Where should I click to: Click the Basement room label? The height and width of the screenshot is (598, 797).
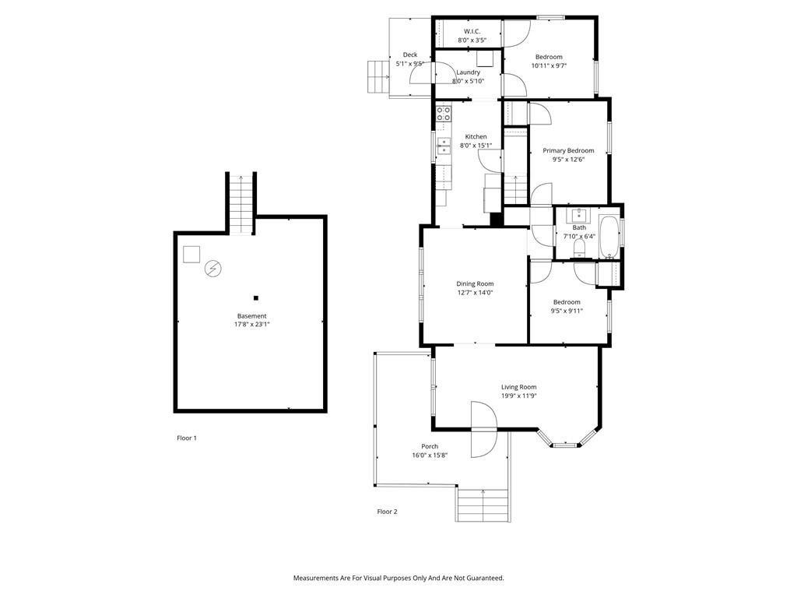(251, 316)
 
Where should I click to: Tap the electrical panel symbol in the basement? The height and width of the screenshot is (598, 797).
(213, 268)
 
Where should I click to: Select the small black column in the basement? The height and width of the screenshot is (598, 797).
(256, 298)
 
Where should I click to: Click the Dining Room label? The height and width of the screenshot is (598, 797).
(475, 283)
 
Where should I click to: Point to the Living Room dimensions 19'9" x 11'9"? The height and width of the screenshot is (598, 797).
(519, 396)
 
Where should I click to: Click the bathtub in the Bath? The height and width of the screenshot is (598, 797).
(609, 237)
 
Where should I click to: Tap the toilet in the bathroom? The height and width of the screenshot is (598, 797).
(579, 248)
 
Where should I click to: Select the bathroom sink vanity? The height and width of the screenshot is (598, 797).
(578, 214)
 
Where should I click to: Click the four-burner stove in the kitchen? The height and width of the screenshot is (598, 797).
(444, 114)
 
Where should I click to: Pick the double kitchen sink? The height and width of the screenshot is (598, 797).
(444, 146)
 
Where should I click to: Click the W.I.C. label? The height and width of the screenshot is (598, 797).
(472, 31)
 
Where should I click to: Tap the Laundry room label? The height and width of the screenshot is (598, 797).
(468, 72)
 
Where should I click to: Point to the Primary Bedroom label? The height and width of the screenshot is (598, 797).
(568, 150)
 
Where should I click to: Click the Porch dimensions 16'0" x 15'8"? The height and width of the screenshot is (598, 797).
(430, 455)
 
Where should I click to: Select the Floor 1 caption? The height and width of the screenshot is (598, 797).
(187, 438)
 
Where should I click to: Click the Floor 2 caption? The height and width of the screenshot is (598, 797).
(387, 512)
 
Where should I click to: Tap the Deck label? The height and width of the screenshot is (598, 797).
(410, 55)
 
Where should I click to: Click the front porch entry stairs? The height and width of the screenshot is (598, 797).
(483, 505)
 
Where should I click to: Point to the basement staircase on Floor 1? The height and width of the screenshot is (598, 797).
(241, 203)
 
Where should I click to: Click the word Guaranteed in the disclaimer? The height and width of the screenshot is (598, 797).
(486, 579)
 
